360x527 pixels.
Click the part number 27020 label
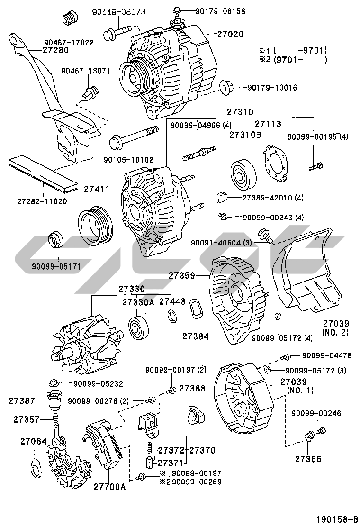[x=230, y=35]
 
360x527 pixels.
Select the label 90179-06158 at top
[x=215, y=10]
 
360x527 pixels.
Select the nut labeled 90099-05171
[x=56, y=240]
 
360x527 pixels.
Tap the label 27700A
[x=109, y=486]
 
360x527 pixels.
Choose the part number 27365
[x=309, y=459]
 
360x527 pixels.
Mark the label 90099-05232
[x=98, y=383]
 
